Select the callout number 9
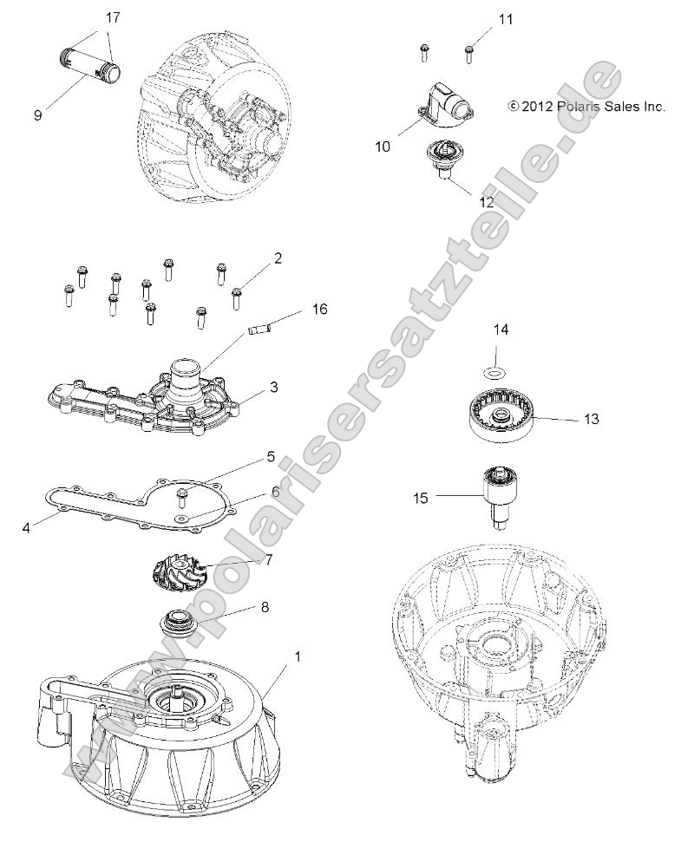38,114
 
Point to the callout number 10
383,147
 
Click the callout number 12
487,200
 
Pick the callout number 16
319,310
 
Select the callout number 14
502,330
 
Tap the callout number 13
592,419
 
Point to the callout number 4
27,525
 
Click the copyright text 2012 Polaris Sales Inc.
586,107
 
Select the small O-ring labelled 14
494,373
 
